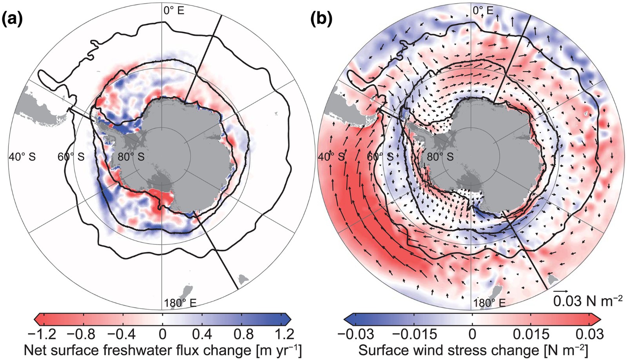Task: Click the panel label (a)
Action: coord(12,19)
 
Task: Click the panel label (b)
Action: coord(321,19)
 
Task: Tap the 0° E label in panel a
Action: coord(174,11)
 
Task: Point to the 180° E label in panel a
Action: coord(180,303)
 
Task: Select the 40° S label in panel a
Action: coord(22,157)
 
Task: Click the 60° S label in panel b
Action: coord(380,157)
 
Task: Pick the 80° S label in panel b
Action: coord(440,157)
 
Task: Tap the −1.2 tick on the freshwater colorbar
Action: coord(42,335)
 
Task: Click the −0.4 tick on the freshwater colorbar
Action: coord(121,335)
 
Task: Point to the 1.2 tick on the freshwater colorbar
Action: coord(284,335)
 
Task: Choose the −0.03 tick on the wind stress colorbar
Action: coord(355,335)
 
